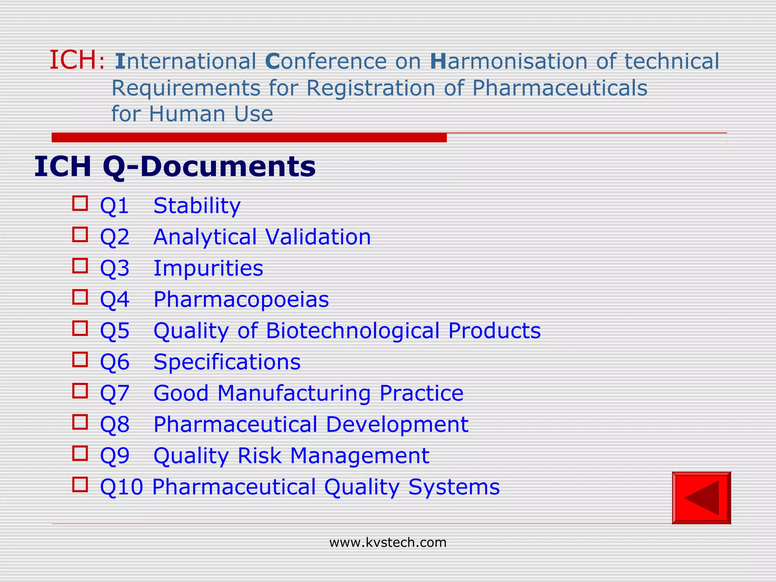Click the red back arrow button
click(x=701, y=498)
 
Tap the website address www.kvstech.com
click(x=388, y=543)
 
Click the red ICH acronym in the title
click(x=73, y=61)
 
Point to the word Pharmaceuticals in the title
click(x=560, y=88)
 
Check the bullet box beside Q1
click(x=80, y=203)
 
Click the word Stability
click(x=197, y=206)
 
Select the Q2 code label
click(x=114, y=237)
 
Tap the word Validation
click(x=318, y=237)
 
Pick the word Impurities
click(x=208, y=268)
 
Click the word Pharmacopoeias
click(x=241, y=300)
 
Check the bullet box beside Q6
click(x=80, y=360)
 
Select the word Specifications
click(x=227, y=362)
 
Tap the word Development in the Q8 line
click(x=397, y=424)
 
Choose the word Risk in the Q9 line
click(x=260, y=455)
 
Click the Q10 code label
click(x=121, y=487)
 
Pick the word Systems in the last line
click(x=454, y=487)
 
